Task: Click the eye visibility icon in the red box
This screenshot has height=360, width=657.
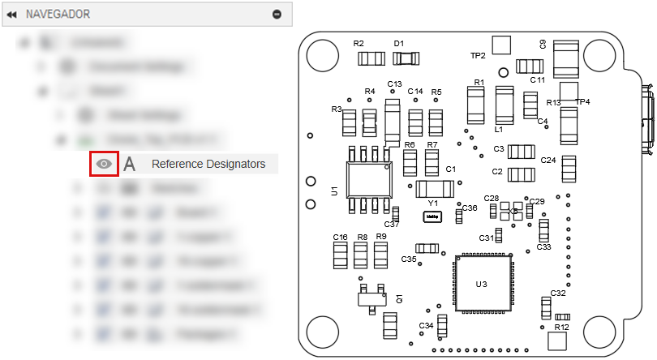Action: pyautogui.click(x=104, y=164)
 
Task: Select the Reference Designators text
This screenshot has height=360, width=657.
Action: pyautogui.click(x=208, y=164)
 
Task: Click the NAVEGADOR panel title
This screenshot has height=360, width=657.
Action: pyautogui.click(x=58, y=14)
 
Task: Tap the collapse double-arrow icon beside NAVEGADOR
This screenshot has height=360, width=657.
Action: pyautogui.click(x=11, y=14)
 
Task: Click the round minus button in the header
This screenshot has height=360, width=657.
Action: pyautogui.click(x=277, y=14)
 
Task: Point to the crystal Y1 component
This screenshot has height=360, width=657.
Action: pyautogui.click(x=432, y=216)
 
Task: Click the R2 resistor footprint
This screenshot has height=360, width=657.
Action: pyautogui.click(x=372, y=58)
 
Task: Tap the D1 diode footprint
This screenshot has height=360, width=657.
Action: pyautogui.click(x=406, y=58)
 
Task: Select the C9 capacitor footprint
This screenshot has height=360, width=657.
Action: pyautogui.click(x=566, y=60)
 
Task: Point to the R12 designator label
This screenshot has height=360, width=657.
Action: pyautogui.click(x=560, y=328)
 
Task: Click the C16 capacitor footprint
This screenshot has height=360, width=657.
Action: pyautogui.click(x=341, y=255)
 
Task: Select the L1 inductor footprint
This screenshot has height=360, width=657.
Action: pyautogui.click(x=504, y=105)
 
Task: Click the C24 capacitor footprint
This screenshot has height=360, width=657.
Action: pyautogui.click(x=569, y=168)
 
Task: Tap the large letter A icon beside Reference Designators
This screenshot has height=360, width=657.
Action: pyautogui.click(x=130, y=164)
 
